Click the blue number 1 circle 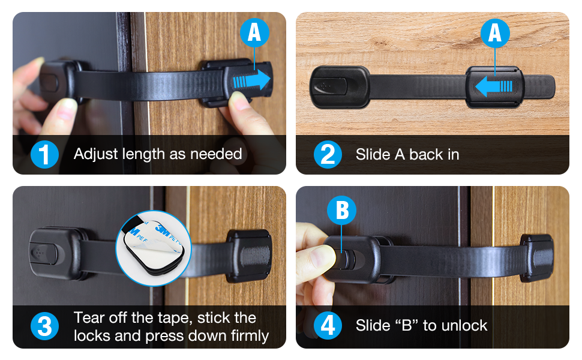click(44, 155)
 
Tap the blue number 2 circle click(328, 155)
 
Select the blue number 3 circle click(44, 327)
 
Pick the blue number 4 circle click(328, 326)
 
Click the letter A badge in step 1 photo click(254, 32)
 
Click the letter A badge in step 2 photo click(494, 32)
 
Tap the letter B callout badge click(342, 211)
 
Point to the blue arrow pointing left click(494, 86)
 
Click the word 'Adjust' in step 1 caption click(94, 154)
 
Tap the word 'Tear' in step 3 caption click(89, 317)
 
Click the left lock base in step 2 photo click(339, 87)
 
